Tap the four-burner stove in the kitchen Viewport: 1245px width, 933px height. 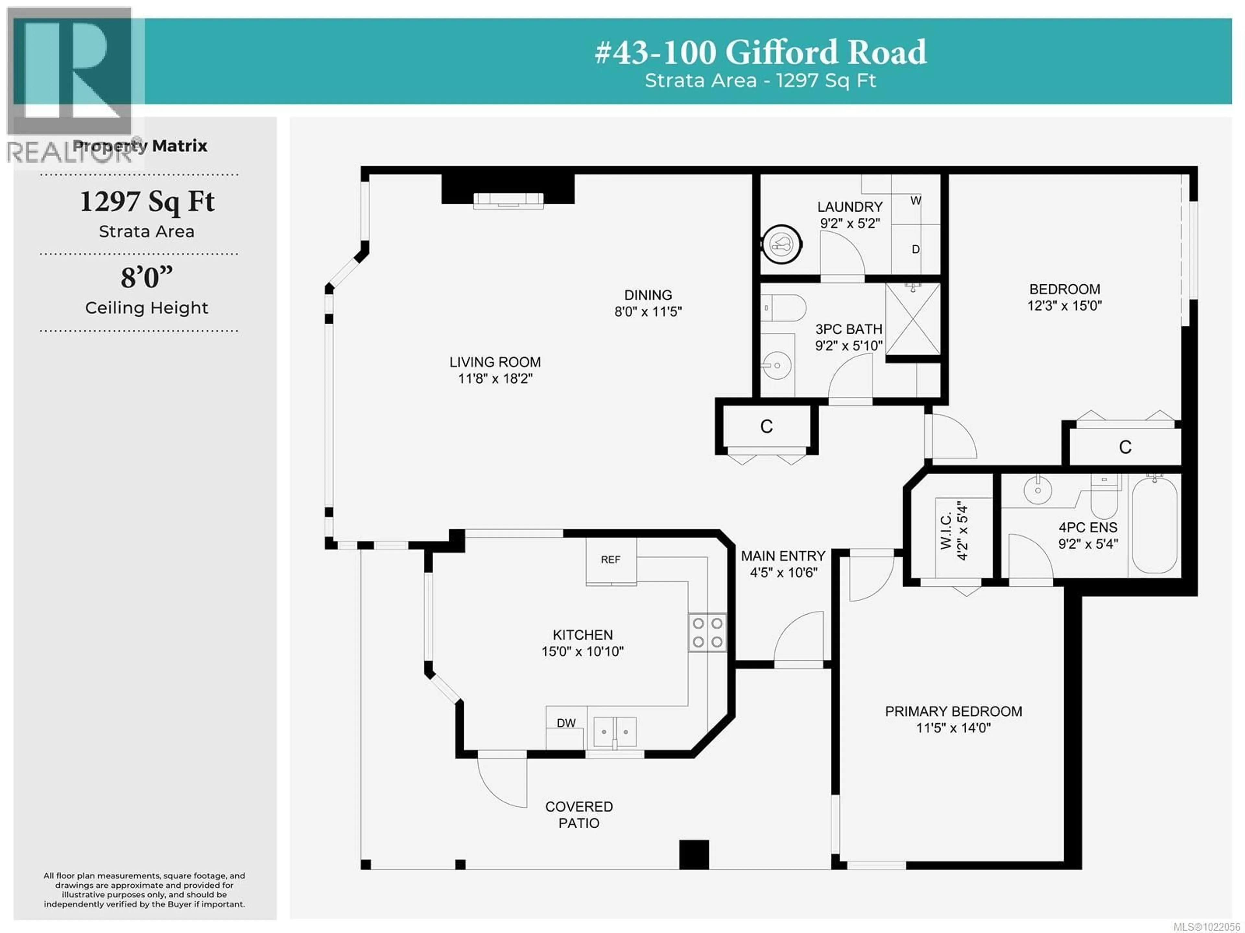coord(707,632)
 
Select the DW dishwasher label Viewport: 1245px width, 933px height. coord(566,723)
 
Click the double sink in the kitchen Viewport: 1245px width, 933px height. coord(615,732)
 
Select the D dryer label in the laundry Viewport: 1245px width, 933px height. coord(915,249)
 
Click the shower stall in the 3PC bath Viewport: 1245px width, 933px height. coord(912,319)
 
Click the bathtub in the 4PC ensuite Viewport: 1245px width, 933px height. coord(1155,525)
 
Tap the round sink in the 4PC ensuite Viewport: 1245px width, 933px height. coord(1037,490)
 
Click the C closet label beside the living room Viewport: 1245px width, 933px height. coord(766,427)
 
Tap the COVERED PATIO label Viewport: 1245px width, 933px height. coord(579,814)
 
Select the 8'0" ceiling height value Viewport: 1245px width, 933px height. coord(146,278)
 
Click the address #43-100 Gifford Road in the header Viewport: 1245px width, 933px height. coord(760,52)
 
